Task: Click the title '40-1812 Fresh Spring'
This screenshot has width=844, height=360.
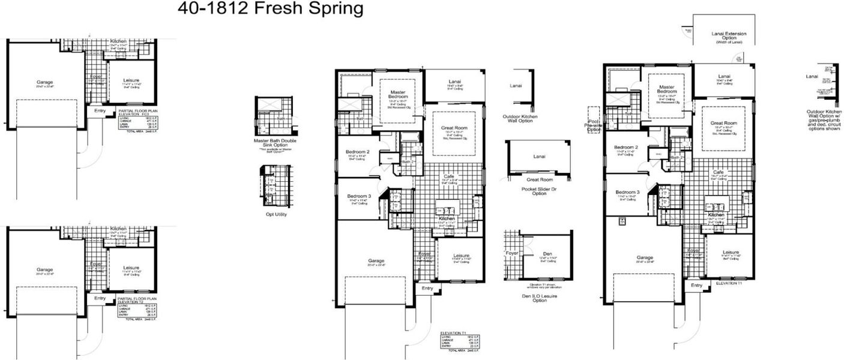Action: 270,9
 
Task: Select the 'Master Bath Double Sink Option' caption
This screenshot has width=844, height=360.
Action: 276,143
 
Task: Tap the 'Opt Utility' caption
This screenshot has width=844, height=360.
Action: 276,214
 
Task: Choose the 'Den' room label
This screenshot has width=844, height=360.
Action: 547,254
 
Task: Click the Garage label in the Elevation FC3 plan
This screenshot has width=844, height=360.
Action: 44,82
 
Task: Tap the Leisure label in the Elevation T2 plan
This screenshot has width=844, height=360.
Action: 132,268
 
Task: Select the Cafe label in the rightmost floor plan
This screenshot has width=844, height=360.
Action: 718,172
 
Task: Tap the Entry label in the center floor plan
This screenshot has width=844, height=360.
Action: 427,289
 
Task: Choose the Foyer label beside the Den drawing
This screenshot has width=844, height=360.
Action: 511,253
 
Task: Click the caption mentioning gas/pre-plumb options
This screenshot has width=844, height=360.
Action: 824,120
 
